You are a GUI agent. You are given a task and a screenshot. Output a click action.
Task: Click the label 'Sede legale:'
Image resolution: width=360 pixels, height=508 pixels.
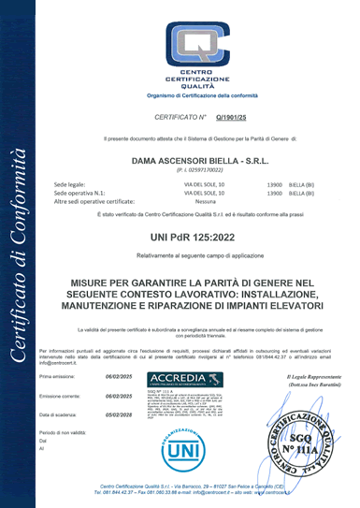click(x=72, y=185)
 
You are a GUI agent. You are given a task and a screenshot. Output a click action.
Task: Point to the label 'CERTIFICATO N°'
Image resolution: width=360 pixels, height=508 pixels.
click(x=180, y=118)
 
